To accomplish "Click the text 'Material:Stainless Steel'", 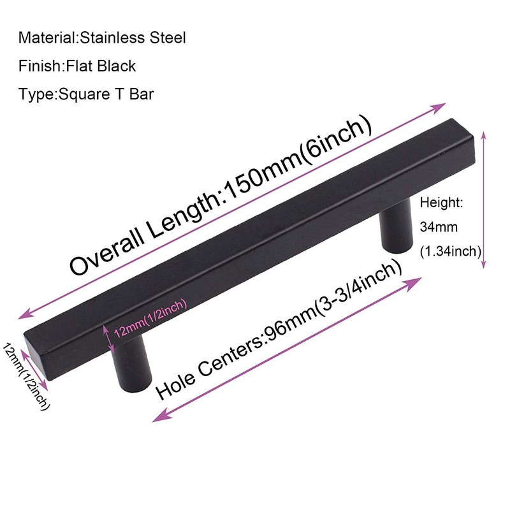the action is [x=102, y=38].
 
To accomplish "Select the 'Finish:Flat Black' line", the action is [x=77, y=66].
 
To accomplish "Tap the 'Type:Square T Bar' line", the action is [x=86, y=94].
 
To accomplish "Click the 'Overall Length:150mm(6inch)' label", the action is [x=220, y=195].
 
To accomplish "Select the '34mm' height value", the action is [x=435, y=226].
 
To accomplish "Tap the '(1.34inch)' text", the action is [x=449, y=251].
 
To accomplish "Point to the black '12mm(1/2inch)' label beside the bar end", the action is [x=27, y=376].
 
